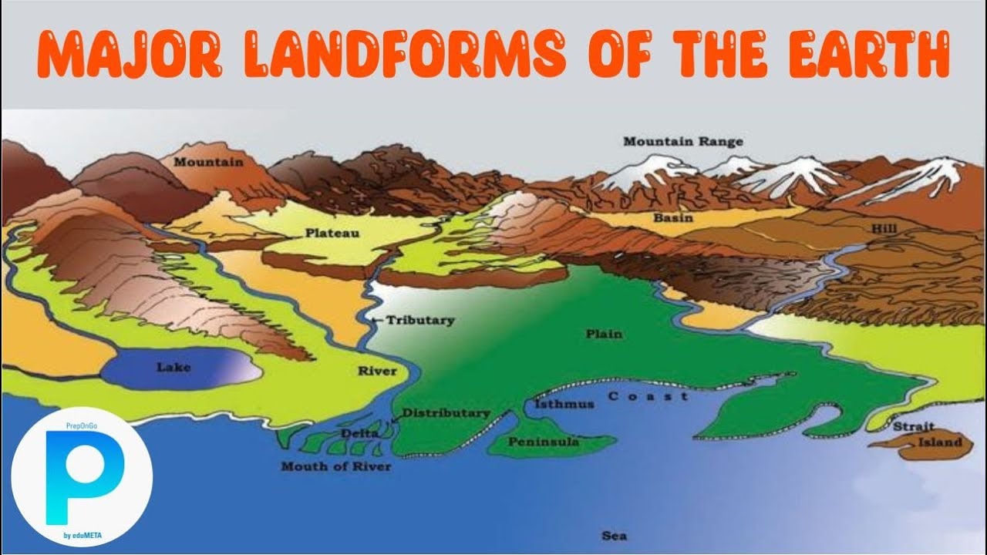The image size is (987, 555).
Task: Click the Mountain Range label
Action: coord(683,142)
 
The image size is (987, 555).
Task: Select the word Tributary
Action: coord(420,321)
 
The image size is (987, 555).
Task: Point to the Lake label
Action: coord(173,368)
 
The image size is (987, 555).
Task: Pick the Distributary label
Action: coord(446,413)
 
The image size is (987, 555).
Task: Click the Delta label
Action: coord(359,434)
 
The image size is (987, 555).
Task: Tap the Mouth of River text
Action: coord(335,466)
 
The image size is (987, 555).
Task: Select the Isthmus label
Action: coord(564,405)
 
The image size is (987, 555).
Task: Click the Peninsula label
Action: coord(544,442)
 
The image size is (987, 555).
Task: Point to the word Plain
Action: coord(604,335)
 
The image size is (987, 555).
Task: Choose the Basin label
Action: coord(673,218)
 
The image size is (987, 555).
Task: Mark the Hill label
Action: coord(883,229)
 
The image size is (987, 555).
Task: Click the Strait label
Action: coord(914,426)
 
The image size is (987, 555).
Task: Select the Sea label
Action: coord(615,536)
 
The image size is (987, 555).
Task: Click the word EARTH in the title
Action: coord(869,55)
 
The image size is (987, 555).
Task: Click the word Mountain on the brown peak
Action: coord(208,163)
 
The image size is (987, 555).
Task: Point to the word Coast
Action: coord(648,396)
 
